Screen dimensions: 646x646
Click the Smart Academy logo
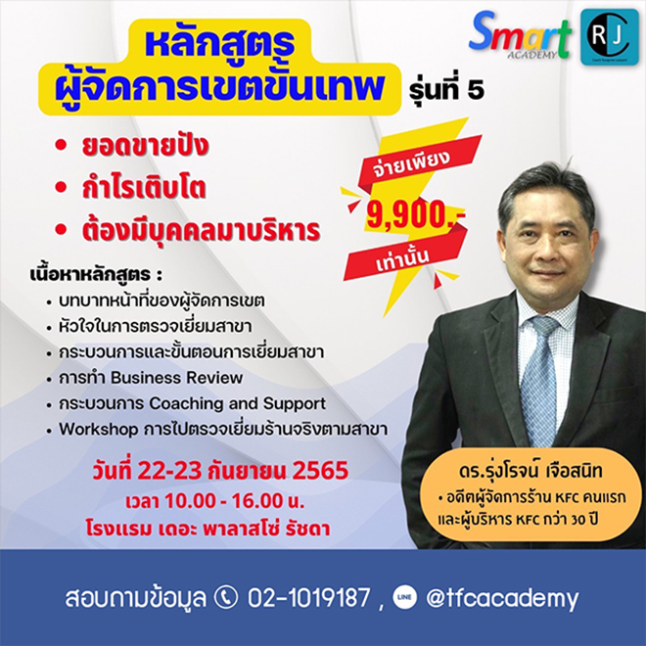click(x=521, y=36)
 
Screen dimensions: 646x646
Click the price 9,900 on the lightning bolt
click(x=416, y=214)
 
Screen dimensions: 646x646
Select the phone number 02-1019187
click(x=308, y=598)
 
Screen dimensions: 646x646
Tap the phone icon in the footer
click(x=227, y=598)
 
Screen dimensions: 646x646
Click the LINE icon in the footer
click(x=404, y=598)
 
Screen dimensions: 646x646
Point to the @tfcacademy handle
click(x=502, y=599)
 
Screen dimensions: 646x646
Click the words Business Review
click(x=177, y=378)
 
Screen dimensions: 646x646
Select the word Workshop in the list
click(x=99, y=430)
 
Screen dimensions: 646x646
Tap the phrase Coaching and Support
click(x=238, y=403)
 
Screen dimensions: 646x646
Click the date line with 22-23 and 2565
click(x=220, y=471)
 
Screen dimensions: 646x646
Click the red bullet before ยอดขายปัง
click(x=61, y=145)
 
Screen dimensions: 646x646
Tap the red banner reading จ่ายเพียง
click(x=417, y=163)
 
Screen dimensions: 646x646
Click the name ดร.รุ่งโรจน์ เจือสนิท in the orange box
click(x=531, y=472)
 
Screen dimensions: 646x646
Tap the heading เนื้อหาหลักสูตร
click(x=96, y=274)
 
